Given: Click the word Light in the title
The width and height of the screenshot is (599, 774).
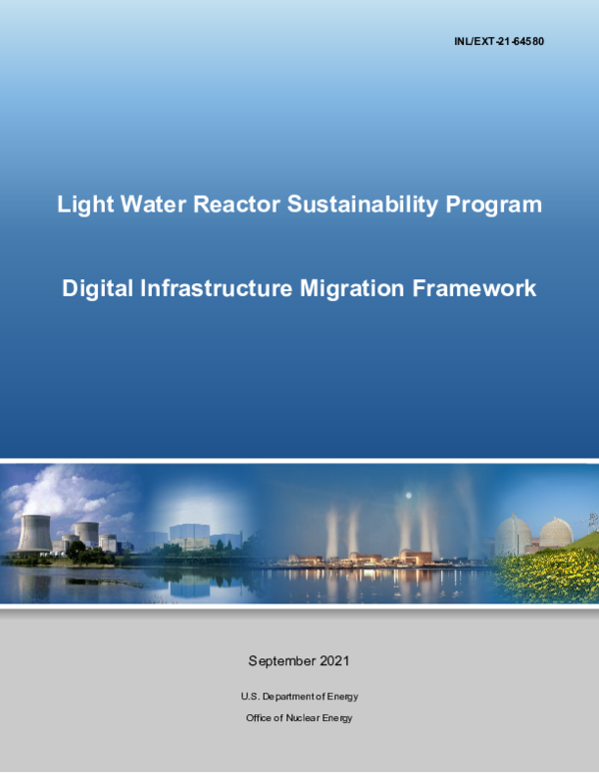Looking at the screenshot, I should point(82,205).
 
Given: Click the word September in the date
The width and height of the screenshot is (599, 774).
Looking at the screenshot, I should point(283,661).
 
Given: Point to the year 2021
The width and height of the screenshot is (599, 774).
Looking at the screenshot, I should point(334,661).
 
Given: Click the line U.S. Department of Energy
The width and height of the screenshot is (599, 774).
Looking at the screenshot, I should point(299,696).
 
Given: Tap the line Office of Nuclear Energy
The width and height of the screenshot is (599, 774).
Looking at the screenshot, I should point(299,718).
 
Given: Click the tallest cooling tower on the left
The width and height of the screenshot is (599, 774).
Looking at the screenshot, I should point(33,533).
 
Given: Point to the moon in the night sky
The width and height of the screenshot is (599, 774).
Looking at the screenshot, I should point(407,496).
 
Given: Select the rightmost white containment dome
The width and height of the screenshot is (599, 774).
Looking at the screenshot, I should point(556,536).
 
